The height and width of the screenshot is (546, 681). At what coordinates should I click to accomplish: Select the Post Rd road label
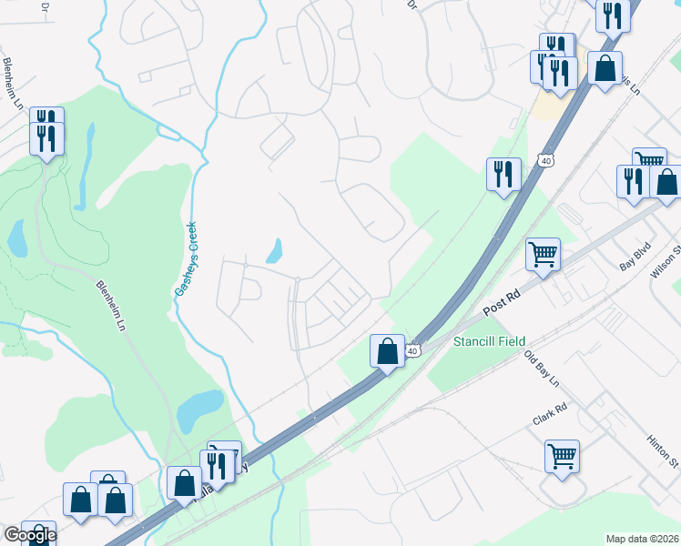(x=501, y=304)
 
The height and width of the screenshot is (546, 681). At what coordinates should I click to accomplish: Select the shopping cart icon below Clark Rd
(x=562, y=455)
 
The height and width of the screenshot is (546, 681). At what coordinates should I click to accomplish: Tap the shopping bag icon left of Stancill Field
(x=387, y=350)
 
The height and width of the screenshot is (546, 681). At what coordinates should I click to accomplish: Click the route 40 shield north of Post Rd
(x=545, y=160)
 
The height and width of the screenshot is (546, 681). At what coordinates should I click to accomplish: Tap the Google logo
(x=29, y=535)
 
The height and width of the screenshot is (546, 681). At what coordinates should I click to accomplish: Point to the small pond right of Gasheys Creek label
(x=274, y=250)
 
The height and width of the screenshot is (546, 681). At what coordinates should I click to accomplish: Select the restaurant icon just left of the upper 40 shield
(x=503, y=174)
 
